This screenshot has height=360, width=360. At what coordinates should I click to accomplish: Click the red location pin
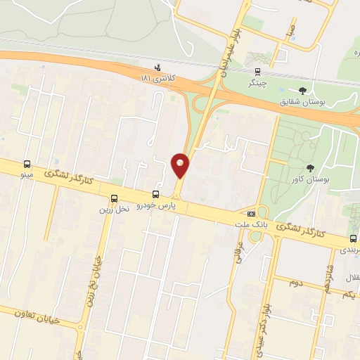(180, 165)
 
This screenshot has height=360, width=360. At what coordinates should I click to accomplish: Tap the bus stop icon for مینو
(27, 162)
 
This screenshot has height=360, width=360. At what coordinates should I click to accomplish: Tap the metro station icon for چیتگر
(257, 71)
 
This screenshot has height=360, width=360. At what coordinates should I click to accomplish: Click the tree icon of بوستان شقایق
(302, 90)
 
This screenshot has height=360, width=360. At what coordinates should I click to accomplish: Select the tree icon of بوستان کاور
(310, 167)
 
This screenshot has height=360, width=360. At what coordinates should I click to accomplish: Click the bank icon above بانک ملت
(251, 213)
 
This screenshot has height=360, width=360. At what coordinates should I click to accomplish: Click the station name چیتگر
(257, 82)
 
